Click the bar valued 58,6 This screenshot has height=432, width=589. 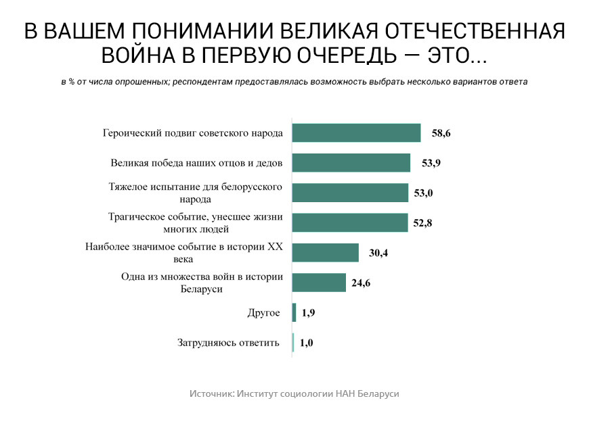pyautogui.click(x=356, y=133)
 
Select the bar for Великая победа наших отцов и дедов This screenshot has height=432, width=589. pyautogui.click(x=351, y=163)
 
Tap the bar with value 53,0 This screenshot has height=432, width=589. pyautogui.click(x=350, y=193)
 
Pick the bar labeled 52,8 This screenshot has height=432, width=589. pyautogui.click(x=350, y=222)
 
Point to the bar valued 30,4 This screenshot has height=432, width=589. pyautogui.click(x=325, y=253)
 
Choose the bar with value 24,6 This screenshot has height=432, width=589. pyautogui.click(x=319, y=283)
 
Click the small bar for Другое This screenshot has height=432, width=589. pyautogui.click(x=294, y=312)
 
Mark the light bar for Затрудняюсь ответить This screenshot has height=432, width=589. pyautogui.click(x=294, y=343)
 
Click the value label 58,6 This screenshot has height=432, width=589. pyautogui.click(x=441, y=133)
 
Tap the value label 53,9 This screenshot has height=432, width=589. pyautogui.click(x=431, y=164)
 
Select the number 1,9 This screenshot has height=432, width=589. pyautogui.click(x=309, y=313)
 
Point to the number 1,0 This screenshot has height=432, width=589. pyautogui.click(x=306, y=343)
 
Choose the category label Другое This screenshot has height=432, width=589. pyautogui.click(x=264, y=313)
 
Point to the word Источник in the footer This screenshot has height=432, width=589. pyautogui.click(x=211, y=393)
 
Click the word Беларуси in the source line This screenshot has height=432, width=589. pyautogui.click(x=378, y=393)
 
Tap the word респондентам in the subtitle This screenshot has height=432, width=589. pyautogui.click(x=210, y=82)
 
